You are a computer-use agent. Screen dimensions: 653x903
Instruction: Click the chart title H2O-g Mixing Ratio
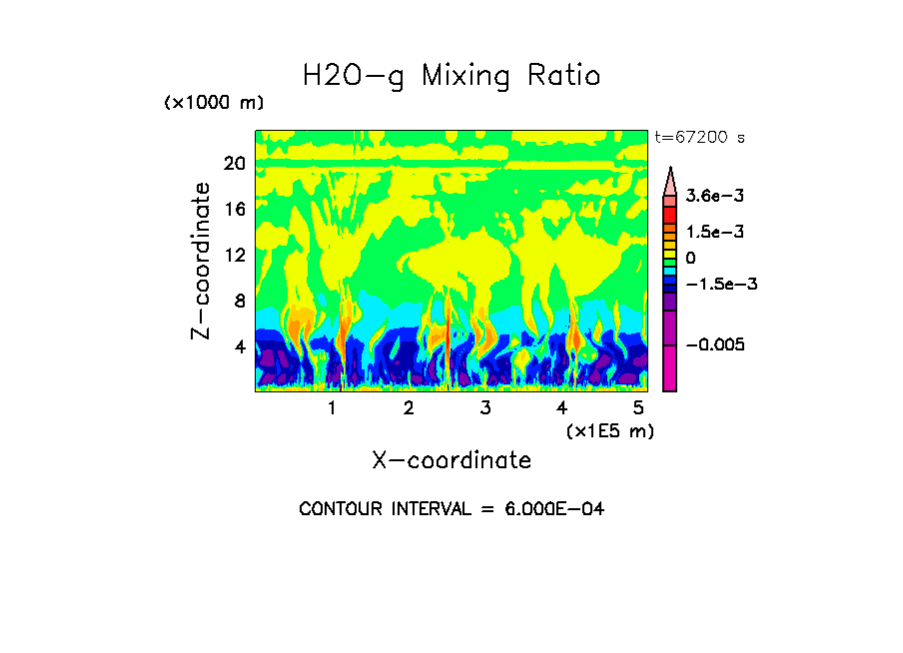tap(451, 76)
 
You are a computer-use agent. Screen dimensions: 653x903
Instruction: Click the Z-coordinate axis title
tap(202, 260)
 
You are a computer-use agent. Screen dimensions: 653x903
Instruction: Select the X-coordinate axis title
tap(451, 460)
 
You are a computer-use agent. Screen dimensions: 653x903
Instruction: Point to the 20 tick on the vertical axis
tap(235, 164)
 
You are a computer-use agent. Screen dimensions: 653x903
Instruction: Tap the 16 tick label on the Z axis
tap(235, 210)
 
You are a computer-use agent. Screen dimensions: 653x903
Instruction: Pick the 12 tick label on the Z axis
tap(235, 256)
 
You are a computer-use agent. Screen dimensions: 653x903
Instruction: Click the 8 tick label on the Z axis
tap(240, 302)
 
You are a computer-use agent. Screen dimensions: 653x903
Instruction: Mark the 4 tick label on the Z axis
tap(240, 347)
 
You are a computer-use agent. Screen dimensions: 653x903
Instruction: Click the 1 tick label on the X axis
tap(332, 408)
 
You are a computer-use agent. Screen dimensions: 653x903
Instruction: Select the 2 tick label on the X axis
tap(409, 408)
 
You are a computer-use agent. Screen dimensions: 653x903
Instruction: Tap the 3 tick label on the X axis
tap(485, 408)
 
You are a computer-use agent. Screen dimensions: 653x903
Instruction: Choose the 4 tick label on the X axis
tap(562, 408)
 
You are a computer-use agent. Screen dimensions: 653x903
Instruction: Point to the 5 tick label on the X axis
tap(638, 408)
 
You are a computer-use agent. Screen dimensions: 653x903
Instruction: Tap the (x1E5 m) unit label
tap(609, 430)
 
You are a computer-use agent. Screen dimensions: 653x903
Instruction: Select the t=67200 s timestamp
tap(699, 137)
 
